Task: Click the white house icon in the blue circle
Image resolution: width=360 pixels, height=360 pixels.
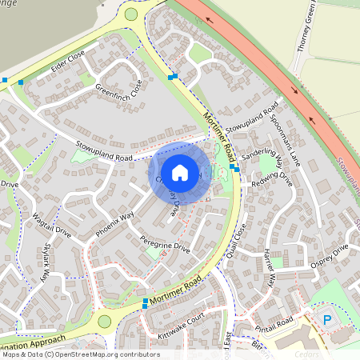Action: pos(180,172)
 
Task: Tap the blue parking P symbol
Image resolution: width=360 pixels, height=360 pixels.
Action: pos(326,319)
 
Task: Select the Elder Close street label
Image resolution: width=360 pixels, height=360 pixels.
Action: pos(66,61)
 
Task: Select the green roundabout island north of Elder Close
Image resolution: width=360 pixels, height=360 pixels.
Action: pos(131,14)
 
